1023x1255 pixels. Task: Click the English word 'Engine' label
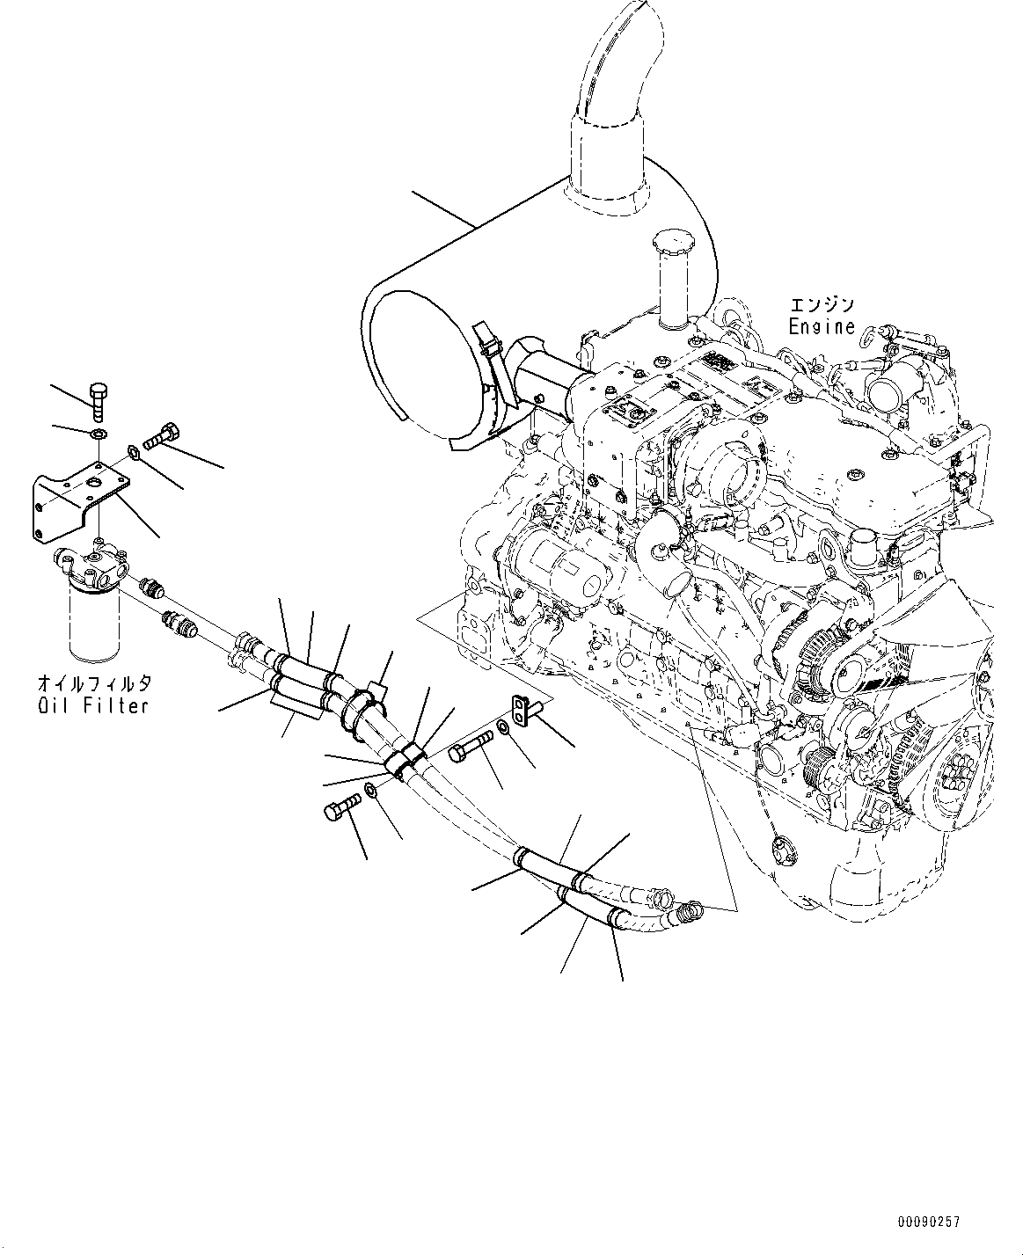click(x=822, y=327)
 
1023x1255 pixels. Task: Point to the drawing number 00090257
click(x=929, y=1222)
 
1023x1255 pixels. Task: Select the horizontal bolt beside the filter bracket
click(x=164, y=433)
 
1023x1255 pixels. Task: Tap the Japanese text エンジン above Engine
click(x=822, y=305)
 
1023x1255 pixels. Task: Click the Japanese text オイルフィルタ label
click(x=94, y=683)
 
